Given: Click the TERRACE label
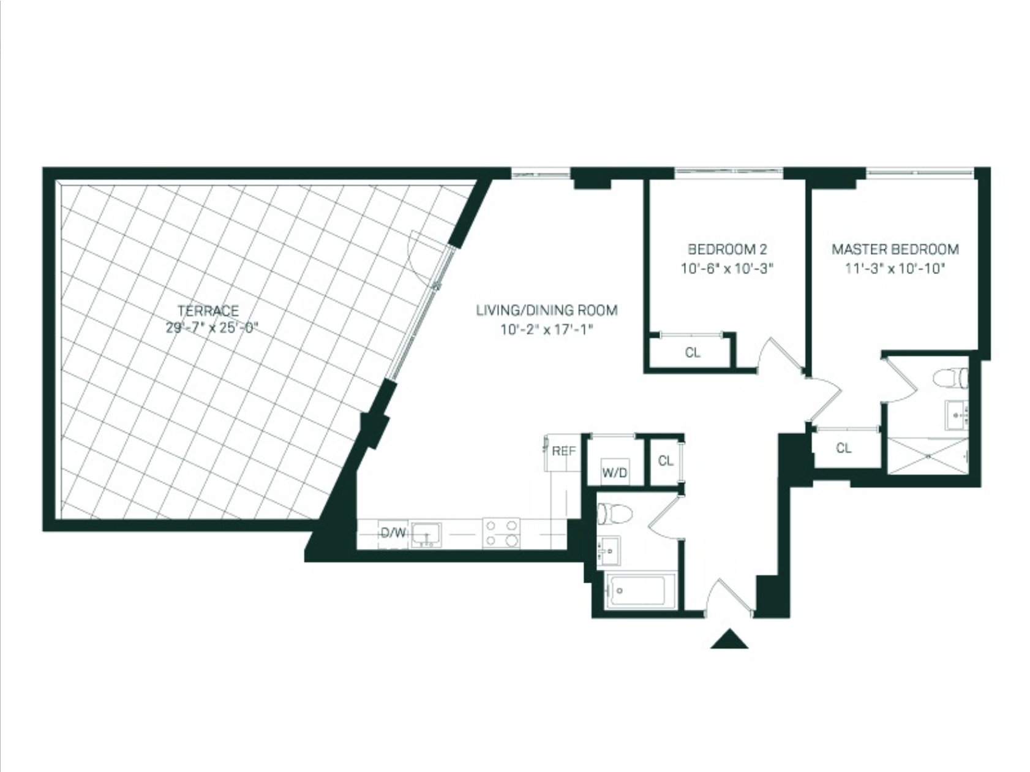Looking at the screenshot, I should tap(208, 311).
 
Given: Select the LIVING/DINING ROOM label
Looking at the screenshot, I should tap(547, 311).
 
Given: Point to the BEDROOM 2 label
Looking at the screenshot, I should tap(727, 249).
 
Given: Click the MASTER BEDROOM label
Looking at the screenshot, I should tap(895, 249).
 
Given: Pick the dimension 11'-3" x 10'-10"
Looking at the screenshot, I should tap(895, 268).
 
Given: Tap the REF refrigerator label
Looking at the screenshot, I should tap(563, 452).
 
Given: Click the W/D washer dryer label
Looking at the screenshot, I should tap(614, 473).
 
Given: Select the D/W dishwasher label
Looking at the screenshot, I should tap(393, 532).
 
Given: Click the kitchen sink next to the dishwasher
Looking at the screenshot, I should tap(426, 534).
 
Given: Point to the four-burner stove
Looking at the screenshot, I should tap(501, 532).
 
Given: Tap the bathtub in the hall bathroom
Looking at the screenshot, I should tap(641, 591).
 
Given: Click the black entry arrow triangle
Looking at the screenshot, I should tap(729, 639).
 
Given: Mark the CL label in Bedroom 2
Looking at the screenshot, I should tap(693, 353).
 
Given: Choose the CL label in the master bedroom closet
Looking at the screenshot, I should tap(843, 448).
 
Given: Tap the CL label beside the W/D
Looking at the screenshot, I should tap(666, 461).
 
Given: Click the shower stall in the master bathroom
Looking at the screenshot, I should tap(927, 455).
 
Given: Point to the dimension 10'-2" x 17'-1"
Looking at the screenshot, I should tap(547, 330).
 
